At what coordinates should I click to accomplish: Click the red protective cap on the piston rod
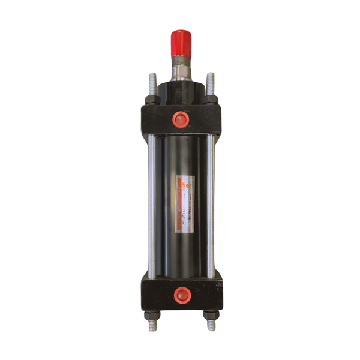pos(181,41)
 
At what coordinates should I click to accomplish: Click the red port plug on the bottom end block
pos(180,294)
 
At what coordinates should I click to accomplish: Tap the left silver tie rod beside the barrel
pos(152,204)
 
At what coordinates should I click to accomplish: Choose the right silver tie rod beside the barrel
pos(210,204)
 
